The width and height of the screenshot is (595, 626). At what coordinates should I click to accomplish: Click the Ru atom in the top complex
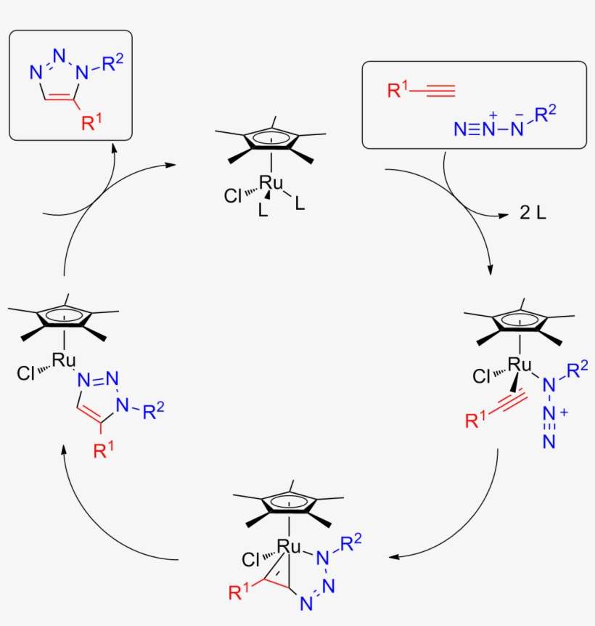pyautogui.click(x=271, y=183)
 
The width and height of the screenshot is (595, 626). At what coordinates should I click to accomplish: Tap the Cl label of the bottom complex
pyautogui.click(x=251, y=560)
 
